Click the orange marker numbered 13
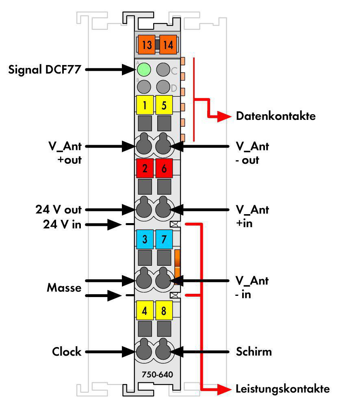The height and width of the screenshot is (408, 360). (x=147, y=44)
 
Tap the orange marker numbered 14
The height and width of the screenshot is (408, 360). (x=168, y=44)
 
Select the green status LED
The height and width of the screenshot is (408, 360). (x=144, y=70)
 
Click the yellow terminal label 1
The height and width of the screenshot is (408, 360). (x=145, y=105)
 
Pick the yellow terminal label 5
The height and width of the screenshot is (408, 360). (x=164, y=105)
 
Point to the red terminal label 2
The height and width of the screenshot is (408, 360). (x=145, y=168)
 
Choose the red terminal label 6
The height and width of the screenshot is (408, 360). (x=164, y=168)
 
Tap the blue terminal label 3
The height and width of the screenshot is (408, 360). (x=145, y=239)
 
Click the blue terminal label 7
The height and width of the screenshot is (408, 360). (x=164, y=239)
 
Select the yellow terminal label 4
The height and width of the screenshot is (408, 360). (x=145, y=310)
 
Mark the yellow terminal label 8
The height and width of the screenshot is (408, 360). (x=164, y=310)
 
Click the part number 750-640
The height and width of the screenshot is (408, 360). (x=157, y=374)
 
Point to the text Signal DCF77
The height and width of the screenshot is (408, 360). (x=44, y=70)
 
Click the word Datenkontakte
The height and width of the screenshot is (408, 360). (x=276, y=116)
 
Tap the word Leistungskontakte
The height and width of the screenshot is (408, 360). (x=283, y=389)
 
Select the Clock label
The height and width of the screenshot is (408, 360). (x=67, y=352)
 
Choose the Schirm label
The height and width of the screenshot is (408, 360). (x=254, y=352)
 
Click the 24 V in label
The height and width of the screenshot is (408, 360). (x=62, y=224)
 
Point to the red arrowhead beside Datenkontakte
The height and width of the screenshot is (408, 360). (x=224, y=117)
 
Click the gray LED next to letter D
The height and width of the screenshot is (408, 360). (x=163, y=87)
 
